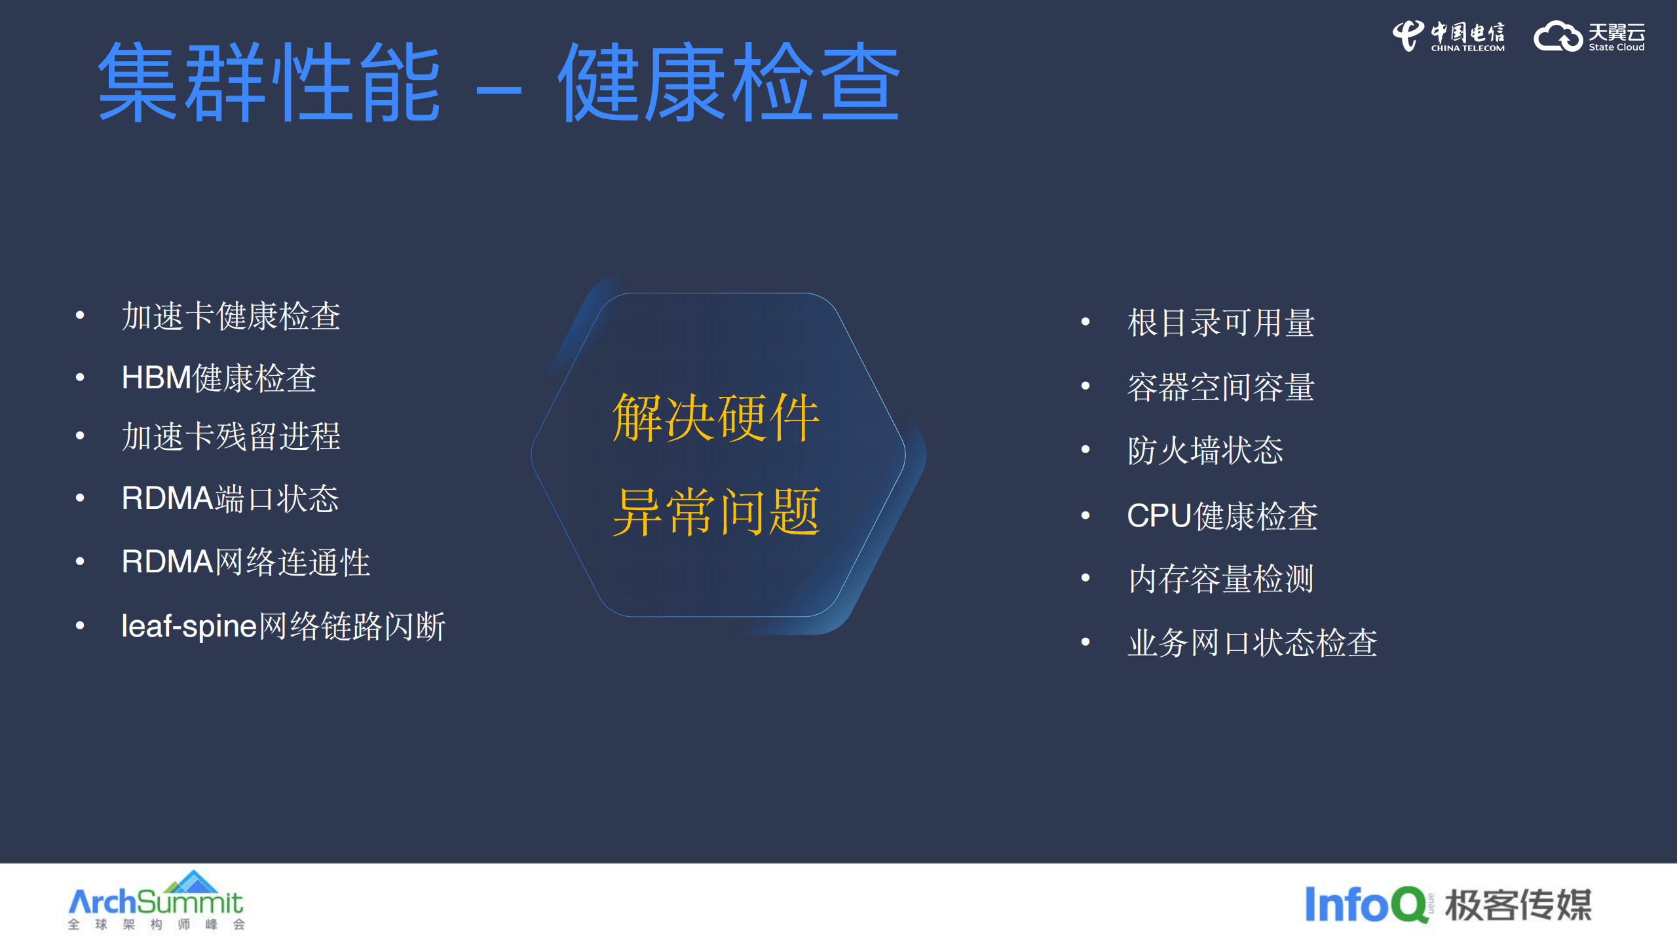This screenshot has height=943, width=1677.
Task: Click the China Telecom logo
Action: pyautogui.click(x=1448, y=36)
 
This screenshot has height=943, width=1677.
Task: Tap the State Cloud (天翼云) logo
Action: pyautogui.click(x=1589, y=36)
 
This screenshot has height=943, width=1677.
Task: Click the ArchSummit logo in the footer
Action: pyautogui.click(x=156, y=901)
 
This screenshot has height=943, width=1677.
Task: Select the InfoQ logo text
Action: pyautogui.click(x=1365, y=904)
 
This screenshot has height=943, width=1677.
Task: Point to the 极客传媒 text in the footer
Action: pyautogui.click(x=1518, y=906)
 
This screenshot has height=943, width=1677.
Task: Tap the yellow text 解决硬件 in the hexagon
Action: pyautogui.click(x=716, y=418)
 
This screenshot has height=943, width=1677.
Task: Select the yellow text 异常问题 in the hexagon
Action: pyautogui.click(x=716, y=512)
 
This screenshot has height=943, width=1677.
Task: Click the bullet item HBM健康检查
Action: pyautogui.click(x=219, y=378)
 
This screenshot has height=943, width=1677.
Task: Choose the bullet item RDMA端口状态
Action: pyautogui.click(x=230, y=498)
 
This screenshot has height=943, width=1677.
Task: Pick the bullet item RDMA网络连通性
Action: pyautogui.click(x=246, y=562)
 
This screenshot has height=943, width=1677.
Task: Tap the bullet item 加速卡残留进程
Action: pyautogui.click(x=231, y=437)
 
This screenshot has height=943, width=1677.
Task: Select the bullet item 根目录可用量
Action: pyautogui.click(x=1220, y=323)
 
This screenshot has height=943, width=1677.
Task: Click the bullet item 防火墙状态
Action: pyautogui.click(x=1205, y=451)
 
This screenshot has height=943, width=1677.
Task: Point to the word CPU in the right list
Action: pyautogui.click(x=1158, y=516)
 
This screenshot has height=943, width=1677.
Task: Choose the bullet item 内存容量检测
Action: pyautogui.click(x=1220, y=579)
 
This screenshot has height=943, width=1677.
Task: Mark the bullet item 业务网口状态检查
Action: pyautogui.click(x=1252, y=642)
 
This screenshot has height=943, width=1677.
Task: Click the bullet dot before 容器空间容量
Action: pyautogui.click(x=1085, y=386)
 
